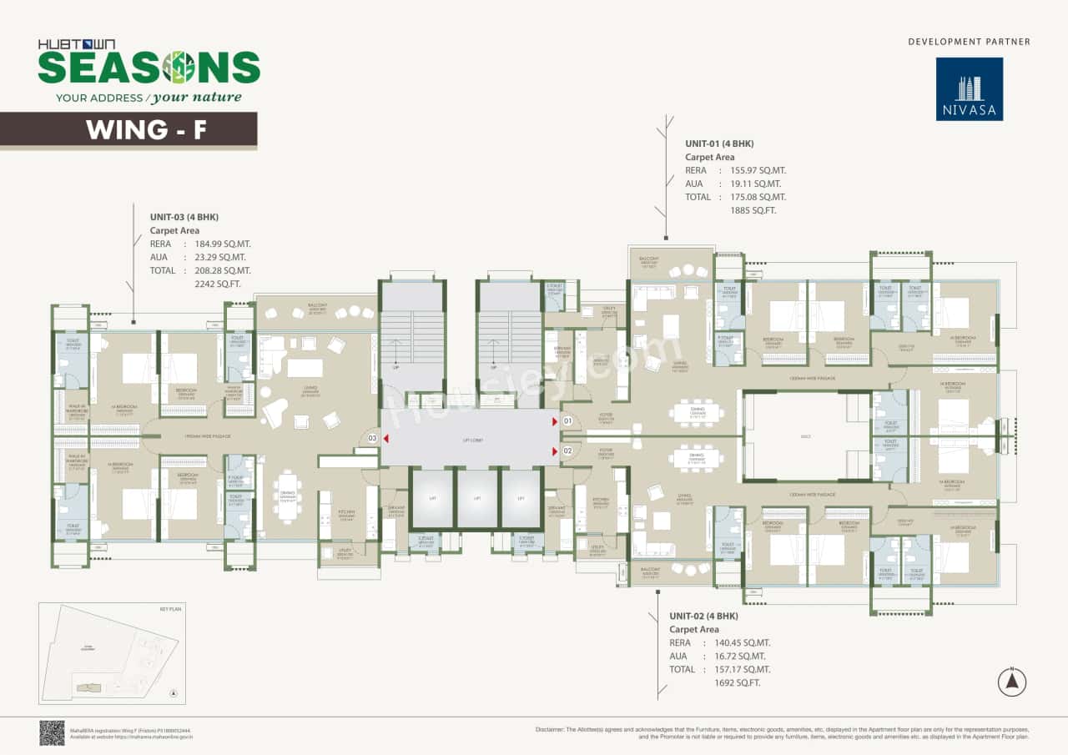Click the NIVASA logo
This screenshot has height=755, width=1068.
pos(969,88)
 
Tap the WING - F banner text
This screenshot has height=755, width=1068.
pos(146,130)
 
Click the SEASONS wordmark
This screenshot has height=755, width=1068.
pos(149,67)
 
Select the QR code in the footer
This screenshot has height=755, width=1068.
pos(52,732)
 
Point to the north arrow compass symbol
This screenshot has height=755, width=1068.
pos(1011,682)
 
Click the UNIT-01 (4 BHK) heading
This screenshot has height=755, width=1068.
pos(719,143)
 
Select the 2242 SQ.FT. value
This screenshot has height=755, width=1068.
pos(218,284)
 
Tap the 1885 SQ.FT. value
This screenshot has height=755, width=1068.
pos(753,210)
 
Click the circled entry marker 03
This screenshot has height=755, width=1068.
pos(373,438)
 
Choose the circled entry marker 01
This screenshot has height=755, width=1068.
pos(567,422)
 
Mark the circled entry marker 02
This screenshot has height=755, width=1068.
pos(567,451)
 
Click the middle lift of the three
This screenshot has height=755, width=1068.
pos(476,498)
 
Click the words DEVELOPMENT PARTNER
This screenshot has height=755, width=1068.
pos(969,42)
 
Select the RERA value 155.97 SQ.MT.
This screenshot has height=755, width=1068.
pos(758,170)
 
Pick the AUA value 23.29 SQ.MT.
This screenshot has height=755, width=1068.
pos(222,257)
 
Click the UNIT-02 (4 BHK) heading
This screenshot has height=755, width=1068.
pos(703,616)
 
